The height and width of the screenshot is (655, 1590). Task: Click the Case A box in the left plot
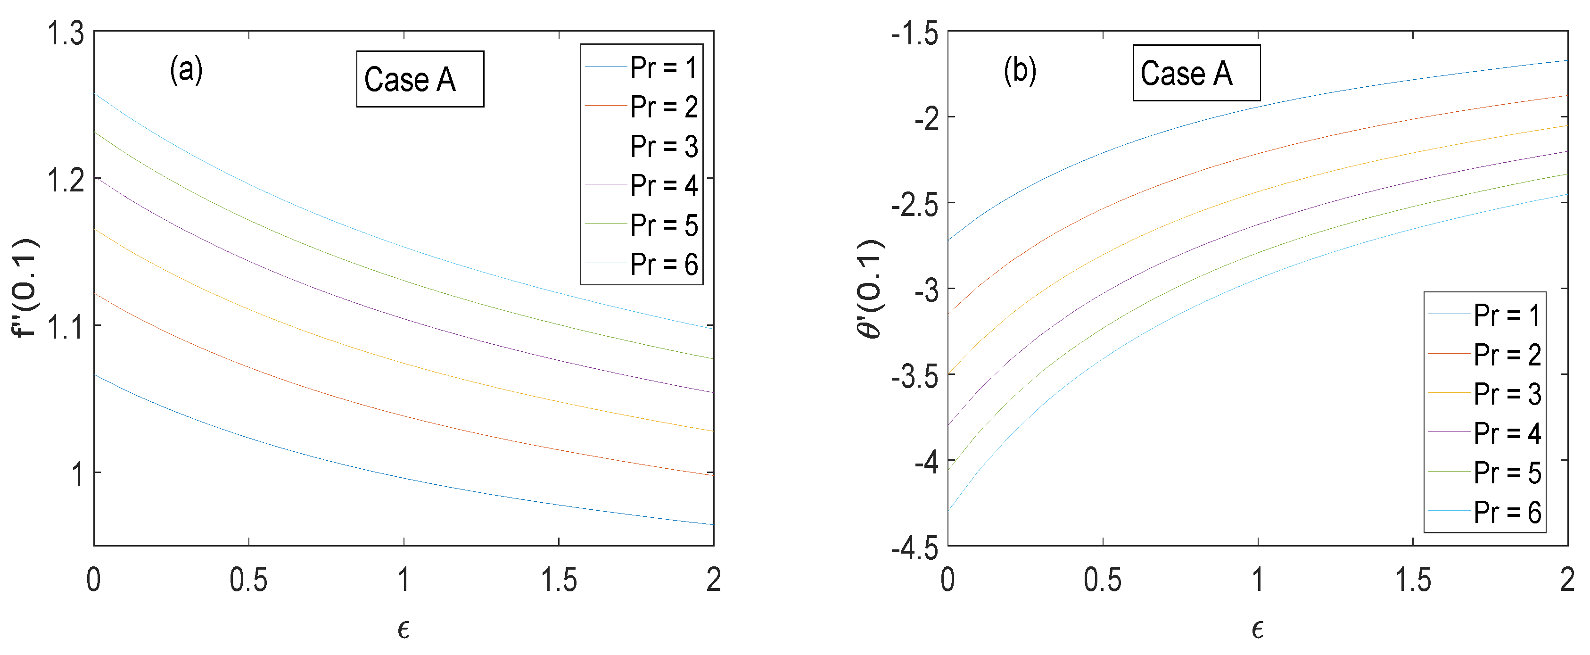point(420,80)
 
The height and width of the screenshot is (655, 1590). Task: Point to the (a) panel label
point(186,70)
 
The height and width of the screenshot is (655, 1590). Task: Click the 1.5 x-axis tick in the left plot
point(559,580)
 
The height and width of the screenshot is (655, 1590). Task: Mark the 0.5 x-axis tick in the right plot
point(1103,580)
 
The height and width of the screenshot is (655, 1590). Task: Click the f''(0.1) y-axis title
point(26,288)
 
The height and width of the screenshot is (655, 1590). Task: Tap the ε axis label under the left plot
point(403,629)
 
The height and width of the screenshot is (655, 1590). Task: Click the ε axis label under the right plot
point(1257,629)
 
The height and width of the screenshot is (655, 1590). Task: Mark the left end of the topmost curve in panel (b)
point(949,240)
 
